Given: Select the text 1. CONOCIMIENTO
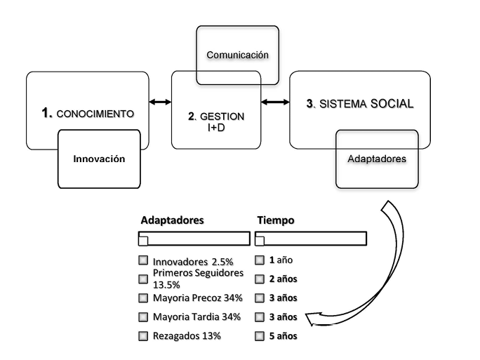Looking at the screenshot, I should pos(88,112).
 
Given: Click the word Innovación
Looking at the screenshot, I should pos(99,159).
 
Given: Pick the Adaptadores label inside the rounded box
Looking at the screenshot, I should pos(377,159).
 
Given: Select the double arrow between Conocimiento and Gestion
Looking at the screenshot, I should pos(160,102).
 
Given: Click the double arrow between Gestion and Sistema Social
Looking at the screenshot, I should pos(275,102).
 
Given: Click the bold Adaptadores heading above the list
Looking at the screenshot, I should pos(172,220).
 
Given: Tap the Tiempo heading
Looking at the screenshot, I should pos(274,220).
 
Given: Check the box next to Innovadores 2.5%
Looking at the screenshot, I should pos(143,261).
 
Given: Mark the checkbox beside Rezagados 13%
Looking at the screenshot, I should pos(143,336).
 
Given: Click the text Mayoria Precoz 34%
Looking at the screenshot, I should pos(196,298).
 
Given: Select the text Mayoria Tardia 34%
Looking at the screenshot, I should pos(196,316).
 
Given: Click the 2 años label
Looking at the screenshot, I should pos(281,279).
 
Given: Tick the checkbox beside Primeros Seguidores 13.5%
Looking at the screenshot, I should pos(143,279).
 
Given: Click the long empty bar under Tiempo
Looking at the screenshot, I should pos(309,239).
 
